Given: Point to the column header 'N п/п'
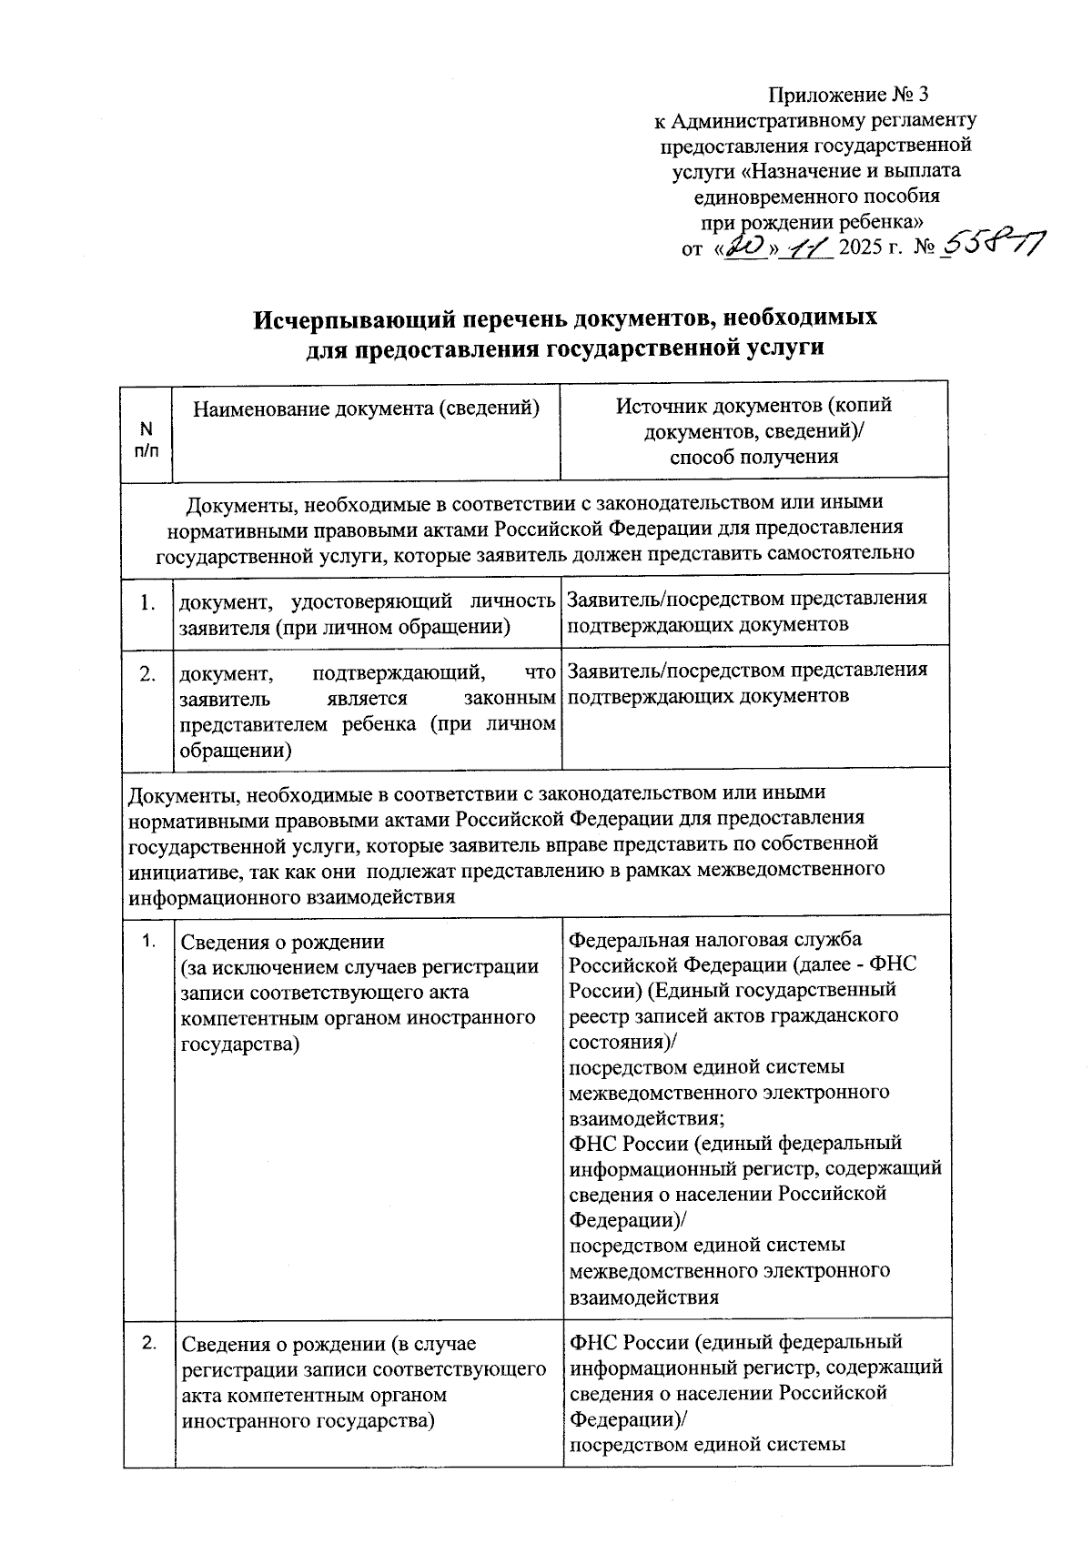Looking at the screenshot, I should (147, 439).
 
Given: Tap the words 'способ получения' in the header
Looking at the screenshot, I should (753, 457).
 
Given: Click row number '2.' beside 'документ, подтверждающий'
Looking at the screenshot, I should (147, 674).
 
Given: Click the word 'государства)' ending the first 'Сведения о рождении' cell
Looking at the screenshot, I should (240, 1044).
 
